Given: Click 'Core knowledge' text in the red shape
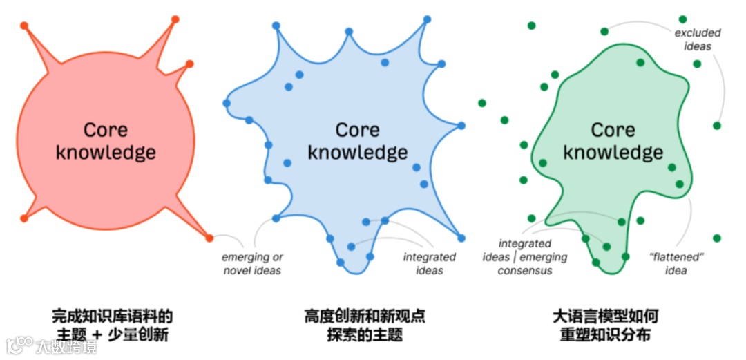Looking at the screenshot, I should click(x=105, y=140).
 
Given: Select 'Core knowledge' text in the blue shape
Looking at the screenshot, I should click(x=357, y=140).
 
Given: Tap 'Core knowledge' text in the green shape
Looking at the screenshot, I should click(x=613, y=140).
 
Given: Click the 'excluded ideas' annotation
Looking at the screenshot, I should click(x=697, y=39).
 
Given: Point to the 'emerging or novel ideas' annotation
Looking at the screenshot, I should click(x=252, y=264).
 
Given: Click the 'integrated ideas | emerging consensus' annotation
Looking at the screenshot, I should click(x=525, y=257).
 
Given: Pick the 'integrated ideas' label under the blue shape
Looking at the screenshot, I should click(x=430, y=264).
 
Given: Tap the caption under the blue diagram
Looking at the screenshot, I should click(x=365, y=325).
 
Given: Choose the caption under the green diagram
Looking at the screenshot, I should click(x=605, y=325).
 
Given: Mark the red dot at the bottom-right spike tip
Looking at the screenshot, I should click(x=209, y=238).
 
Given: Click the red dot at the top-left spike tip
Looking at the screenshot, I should click(x=24, y=26).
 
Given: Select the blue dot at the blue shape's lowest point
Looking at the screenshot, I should click(x=340, y=263).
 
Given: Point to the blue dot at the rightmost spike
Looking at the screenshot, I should click(x=460, y=125).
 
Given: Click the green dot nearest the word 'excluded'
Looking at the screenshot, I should click(x=682, y=19).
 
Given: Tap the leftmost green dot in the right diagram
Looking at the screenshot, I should click(x=482, y=103).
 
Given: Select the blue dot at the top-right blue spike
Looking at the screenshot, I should click(x=427, y=19).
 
